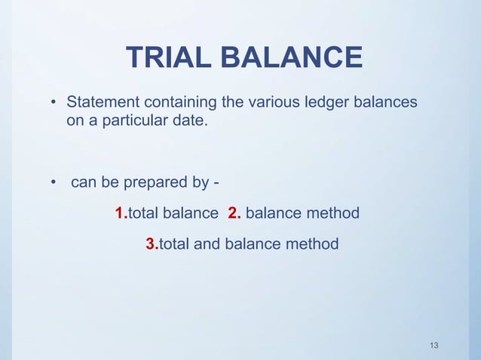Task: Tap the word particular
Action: [123, 120]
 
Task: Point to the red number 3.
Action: [150, 244]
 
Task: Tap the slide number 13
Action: [433, 345]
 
